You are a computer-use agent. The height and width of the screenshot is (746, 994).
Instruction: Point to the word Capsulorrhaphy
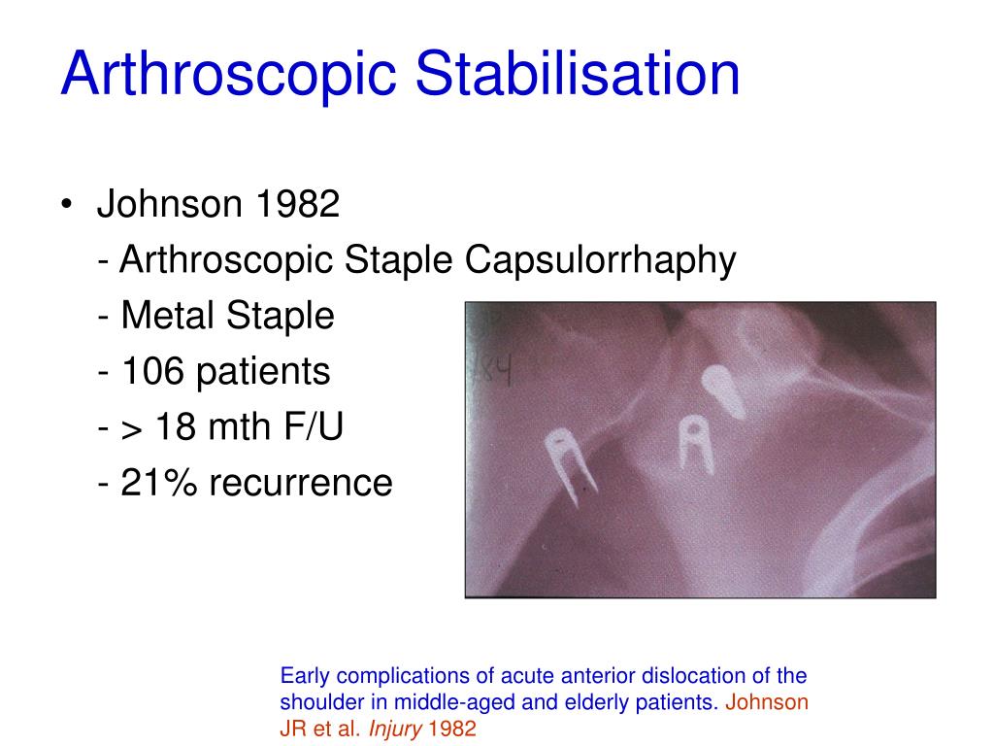pos(601,261)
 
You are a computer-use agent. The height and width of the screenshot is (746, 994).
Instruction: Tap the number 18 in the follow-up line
pos(172,427)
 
